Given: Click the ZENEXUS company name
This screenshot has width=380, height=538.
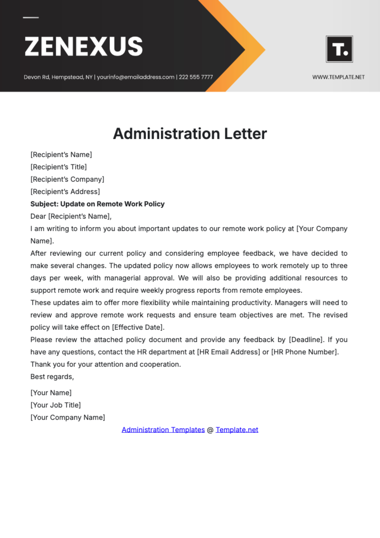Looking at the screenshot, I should click(84, 46).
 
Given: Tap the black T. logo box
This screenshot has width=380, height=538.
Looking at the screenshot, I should click(339, 49).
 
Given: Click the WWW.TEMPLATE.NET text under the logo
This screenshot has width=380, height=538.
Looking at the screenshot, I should click(338, 77).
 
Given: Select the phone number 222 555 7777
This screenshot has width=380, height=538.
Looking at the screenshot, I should click(196, 77).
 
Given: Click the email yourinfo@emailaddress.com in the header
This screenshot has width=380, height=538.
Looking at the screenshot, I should click(136, 77).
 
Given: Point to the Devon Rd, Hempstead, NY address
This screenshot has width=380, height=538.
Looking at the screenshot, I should click(58, 77).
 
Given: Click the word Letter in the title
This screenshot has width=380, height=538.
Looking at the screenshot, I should click(245, 134).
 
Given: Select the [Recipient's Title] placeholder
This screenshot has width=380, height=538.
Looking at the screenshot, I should click(59, 167).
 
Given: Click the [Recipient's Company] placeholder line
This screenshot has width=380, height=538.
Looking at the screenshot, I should click(67, 179).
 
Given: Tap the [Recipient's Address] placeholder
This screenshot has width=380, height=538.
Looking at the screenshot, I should click(65, 192).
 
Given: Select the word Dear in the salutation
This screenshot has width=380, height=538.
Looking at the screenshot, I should click(38, 216).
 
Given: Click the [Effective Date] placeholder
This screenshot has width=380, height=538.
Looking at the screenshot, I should click(138, 327).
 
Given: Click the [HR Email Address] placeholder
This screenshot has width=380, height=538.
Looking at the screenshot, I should click(228, 352).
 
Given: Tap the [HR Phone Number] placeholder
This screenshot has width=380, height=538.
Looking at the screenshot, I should click(305, 352).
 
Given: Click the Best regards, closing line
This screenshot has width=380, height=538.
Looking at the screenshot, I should click(52, 377).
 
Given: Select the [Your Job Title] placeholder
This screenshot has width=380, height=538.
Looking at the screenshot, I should click(55, 405).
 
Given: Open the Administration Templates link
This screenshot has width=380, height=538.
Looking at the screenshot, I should click(163, 430).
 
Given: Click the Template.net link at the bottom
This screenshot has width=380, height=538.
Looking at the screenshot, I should click(237, 430).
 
